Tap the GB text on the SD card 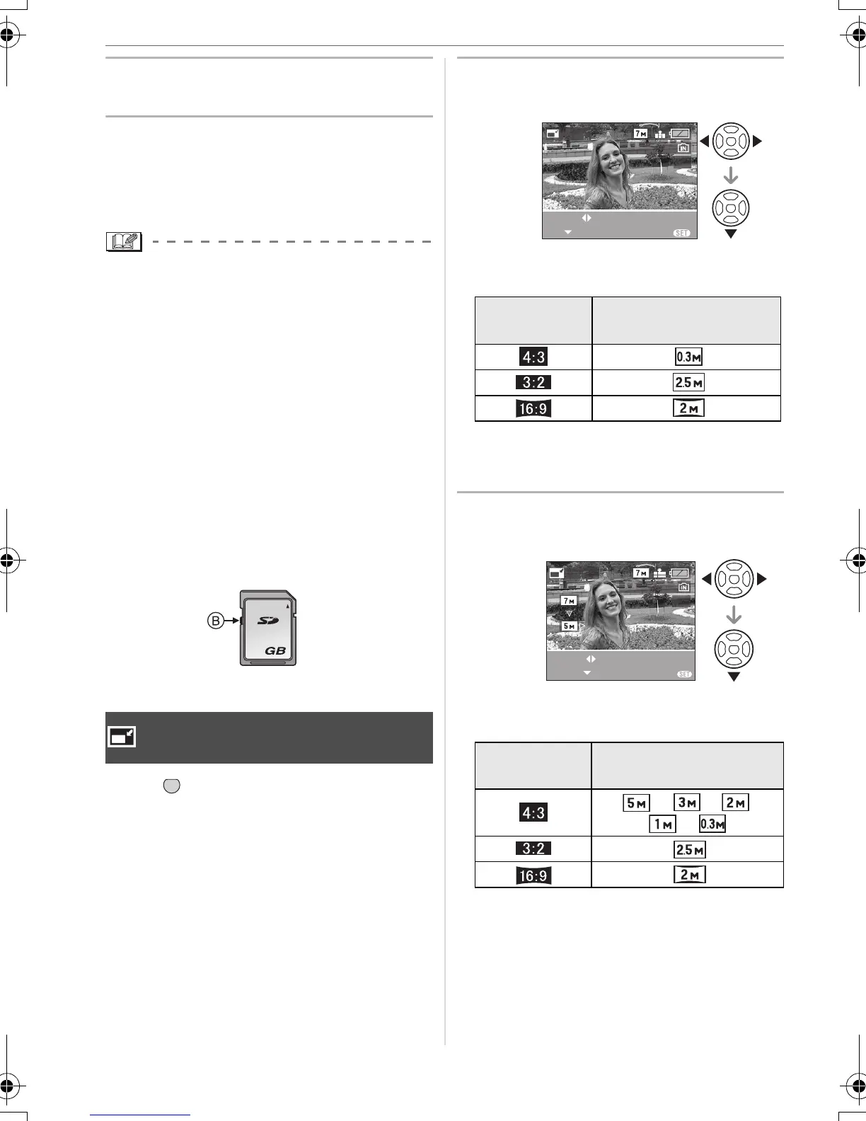tap(275, 650)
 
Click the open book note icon tap(124, 242)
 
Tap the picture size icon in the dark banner tap(122, 737)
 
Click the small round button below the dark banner tap(171, 785)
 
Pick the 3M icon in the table tap(686, 803)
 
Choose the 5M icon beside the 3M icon tap(636, 803)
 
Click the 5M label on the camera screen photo tap(569, 626)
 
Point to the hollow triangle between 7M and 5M tap(569, 613)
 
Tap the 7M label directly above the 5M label tap(569, 600)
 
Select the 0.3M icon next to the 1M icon tap(712, 824)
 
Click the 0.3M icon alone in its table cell tap(688, 357)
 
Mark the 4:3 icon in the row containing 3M tap(533, 812)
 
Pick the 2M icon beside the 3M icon tap(736, 803)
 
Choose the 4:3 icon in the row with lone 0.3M tap(533, 357)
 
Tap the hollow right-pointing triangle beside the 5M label tap(582, 626)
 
